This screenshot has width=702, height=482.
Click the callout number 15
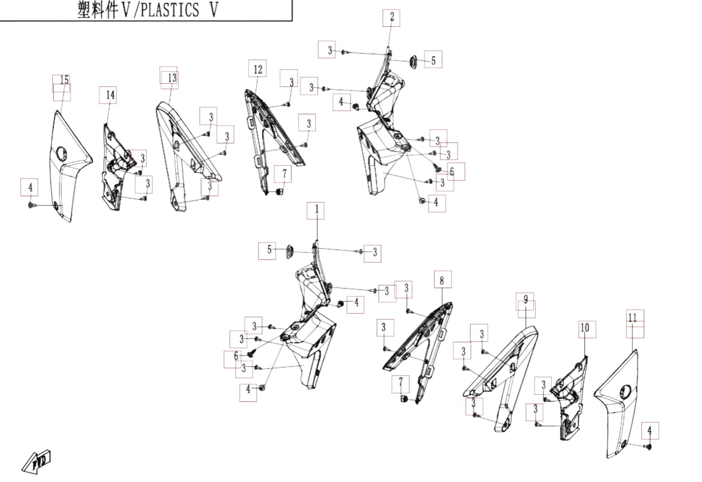pyautogui.click(x=64, y=80)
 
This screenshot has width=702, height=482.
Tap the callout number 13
pyautogui.click(x=172, y=78)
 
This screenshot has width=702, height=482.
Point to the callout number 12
pyautogui.click(x=258, y=69)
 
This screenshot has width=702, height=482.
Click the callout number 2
pyautogui.click(x=392, y=17)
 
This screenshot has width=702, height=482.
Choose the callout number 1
pyautogui.click(x=316, y=209)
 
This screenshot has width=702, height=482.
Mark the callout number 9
pyautogui.click(x=525, y=299)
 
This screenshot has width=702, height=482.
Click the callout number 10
pyautogui.click(x=585, y=328)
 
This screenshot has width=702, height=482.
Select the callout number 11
pyautogui.click(x=632, y=318)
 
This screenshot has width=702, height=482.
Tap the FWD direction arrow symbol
pyautogui.click(x=37, y=462)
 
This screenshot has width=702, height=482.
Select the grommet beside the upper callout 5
pyautogui.click(x=414, y=62)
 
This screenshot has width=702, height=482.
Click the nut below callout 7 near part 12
pyautogui.click(x=279, y=192)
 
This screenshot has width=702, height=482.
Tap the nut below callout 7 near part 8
pyautogui.click(x=403, y=399)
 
